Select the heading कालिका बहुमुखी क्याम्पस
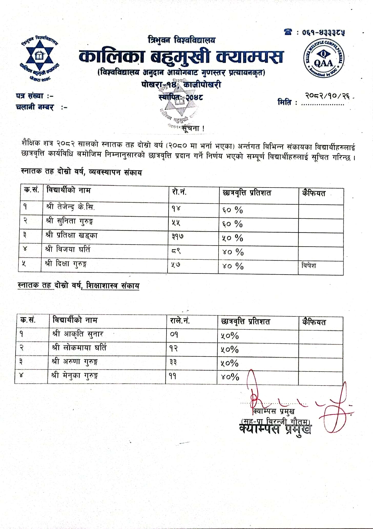tap(181, 57)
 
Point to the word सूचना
tap(192, 128)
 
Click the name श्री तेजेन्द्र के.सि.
tap(71, 207)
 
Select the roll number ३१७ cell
tap(178, 236)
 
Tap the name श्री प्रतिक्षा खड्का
tap(72, 235)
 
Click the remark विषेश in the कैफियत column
tap(308, 265)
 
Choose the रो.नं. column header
tap(179, 192)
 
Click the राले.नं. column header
tap(180, 321)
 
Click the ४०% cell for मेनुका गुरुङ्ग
tap(230, 377)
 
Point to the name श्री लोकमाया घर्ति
tap(79, 348)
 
